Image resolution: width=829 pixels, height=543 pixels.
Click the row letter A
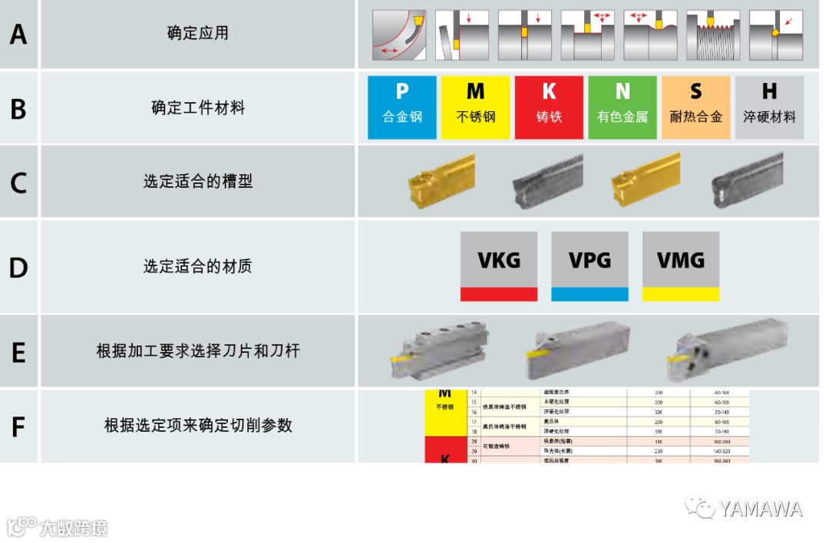coord(18,35)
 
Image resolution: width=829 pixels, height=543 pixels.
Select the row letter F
coord(18,426)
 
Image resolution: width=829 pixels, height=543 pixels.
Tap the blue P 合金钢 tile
coord(402,107)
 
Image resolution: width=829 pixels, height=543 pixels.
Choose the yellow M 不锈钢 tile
coord(476,107)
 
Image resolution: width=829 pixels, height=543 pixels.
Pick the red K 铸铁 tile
coord(549,107)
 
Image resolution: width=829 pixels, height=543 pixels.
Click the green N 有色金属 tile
coord(623,107)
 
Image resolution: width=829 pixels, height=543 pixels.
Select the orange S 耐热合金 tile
coord(695,107)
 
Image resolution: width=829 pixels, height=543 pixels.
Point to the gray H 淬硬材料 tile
coord(769,107)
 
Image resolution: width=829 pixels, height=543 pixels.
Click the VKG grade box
coord(499,265)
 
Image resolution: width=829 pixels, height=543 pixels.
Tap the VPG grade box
coord(590,265)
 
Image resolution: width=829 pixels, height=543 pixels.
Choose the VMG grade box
coord(681,265)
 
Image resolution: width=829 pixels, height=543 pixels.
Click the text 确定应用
coord(198,33)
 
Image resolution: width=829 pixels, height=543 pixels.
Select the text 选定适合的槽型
coord(198,182)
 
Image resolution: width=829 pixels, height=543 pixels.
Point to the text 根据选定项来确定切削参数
coord(198,425)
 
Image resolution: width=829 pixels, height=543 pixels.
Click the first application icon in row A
coord(399,35)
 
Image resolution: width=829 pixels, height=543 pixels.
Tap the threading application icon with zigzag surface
coord(713,35)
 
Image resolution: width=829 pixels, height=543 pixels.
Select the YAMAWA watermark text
coord(760,508)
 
